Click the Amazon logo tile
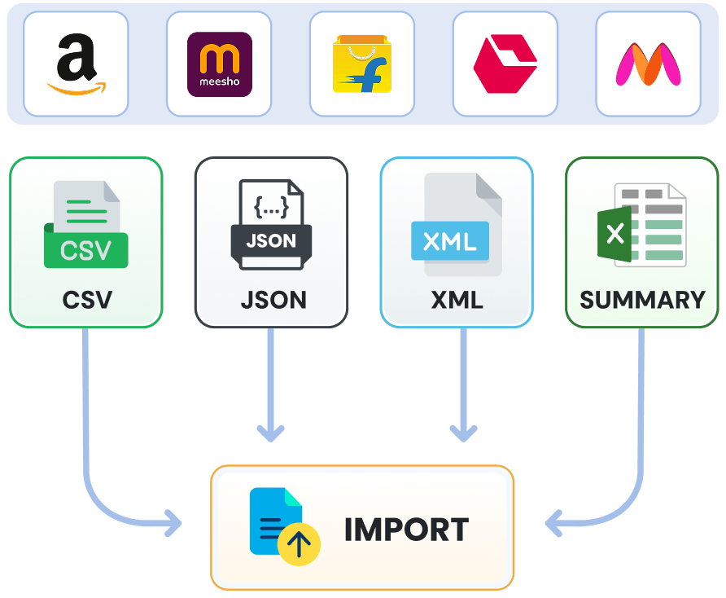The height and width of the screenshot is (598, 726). tap(76, 64)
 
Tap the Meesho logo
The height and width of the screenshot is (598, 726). tap(219, 64)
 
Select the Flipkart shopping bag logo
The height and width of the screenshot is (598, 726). tap(362, 64)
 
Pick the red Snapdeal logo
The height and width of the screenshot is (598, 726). tap(505, 64)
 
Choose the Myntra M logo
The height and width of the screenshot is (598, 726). tap(648, 64)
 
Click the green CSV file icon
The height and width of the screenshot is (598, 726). tap(85, 226)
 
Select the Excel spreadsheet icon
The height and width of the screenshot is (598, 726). tap(641, 224)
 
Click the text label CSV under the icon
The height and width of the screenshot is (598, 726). tap(86, 300)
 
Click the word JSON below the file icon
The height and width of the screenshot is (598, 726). tap(273, 300)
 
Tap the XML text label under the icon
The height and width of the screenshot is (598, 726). tap(457, 300)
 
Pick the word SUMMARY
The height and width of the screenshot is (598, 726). tap(642, 300)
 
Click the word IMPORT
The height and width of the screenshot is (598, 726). tap(406, 530)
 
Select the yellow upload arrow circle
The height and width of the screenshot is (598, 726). tap(299, 544)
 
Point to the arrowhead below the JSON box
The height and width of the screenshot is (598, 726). tap(271, 432)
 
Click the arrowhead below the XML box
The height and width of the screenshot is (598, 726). tap(463, 432)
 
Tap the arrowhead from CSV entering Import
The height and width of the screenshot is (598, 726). tap(173, 523)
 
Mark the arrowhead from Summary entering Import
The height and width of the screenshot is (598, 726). tap(553, 523)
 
